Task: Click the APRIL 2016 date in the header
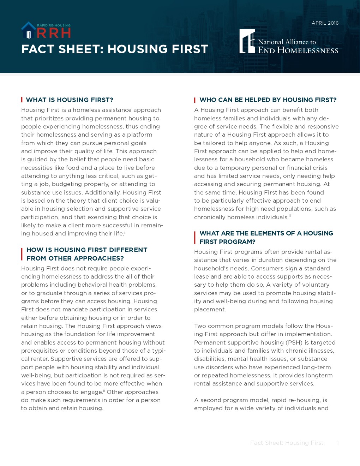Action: [x=325, y=23]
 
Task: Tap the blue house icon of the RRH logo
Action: [x=28, y=30]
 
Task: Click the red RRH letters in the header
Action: [x=54, y=33]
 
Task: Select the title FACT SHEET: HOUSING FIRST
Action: [x=115, y=49]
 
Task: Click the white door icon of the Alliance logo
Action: [x=247, y=41]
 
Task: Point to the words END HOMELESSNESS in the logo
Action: [x=298, y=50]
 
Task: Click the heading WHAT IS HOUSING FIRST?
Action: [x=70, y=100]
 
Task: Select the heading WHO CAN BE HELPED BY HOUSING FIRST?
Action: [x=268, y=100]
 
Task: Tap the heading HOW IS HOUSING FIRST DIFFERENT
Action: [x=87, y=250]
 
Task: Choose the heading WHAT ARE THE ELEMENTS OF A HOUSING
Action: [x=266, y=233]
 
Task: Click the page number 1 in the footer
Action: [x=338, y=443]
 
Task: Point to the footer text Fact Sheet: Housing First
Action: [x=287, y=443]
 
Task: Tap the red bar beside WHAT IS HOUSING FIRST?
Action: [x=22, y=100]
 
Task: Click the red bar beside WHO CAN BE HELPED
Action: [x=195, y=100]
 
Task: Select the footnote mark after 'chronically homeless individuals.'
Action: [x=290, y=216]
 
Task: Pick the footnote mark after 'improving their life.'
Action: [x=125, y=232]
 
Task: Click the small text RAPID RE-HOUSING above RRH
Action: [x=54, y=25]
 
